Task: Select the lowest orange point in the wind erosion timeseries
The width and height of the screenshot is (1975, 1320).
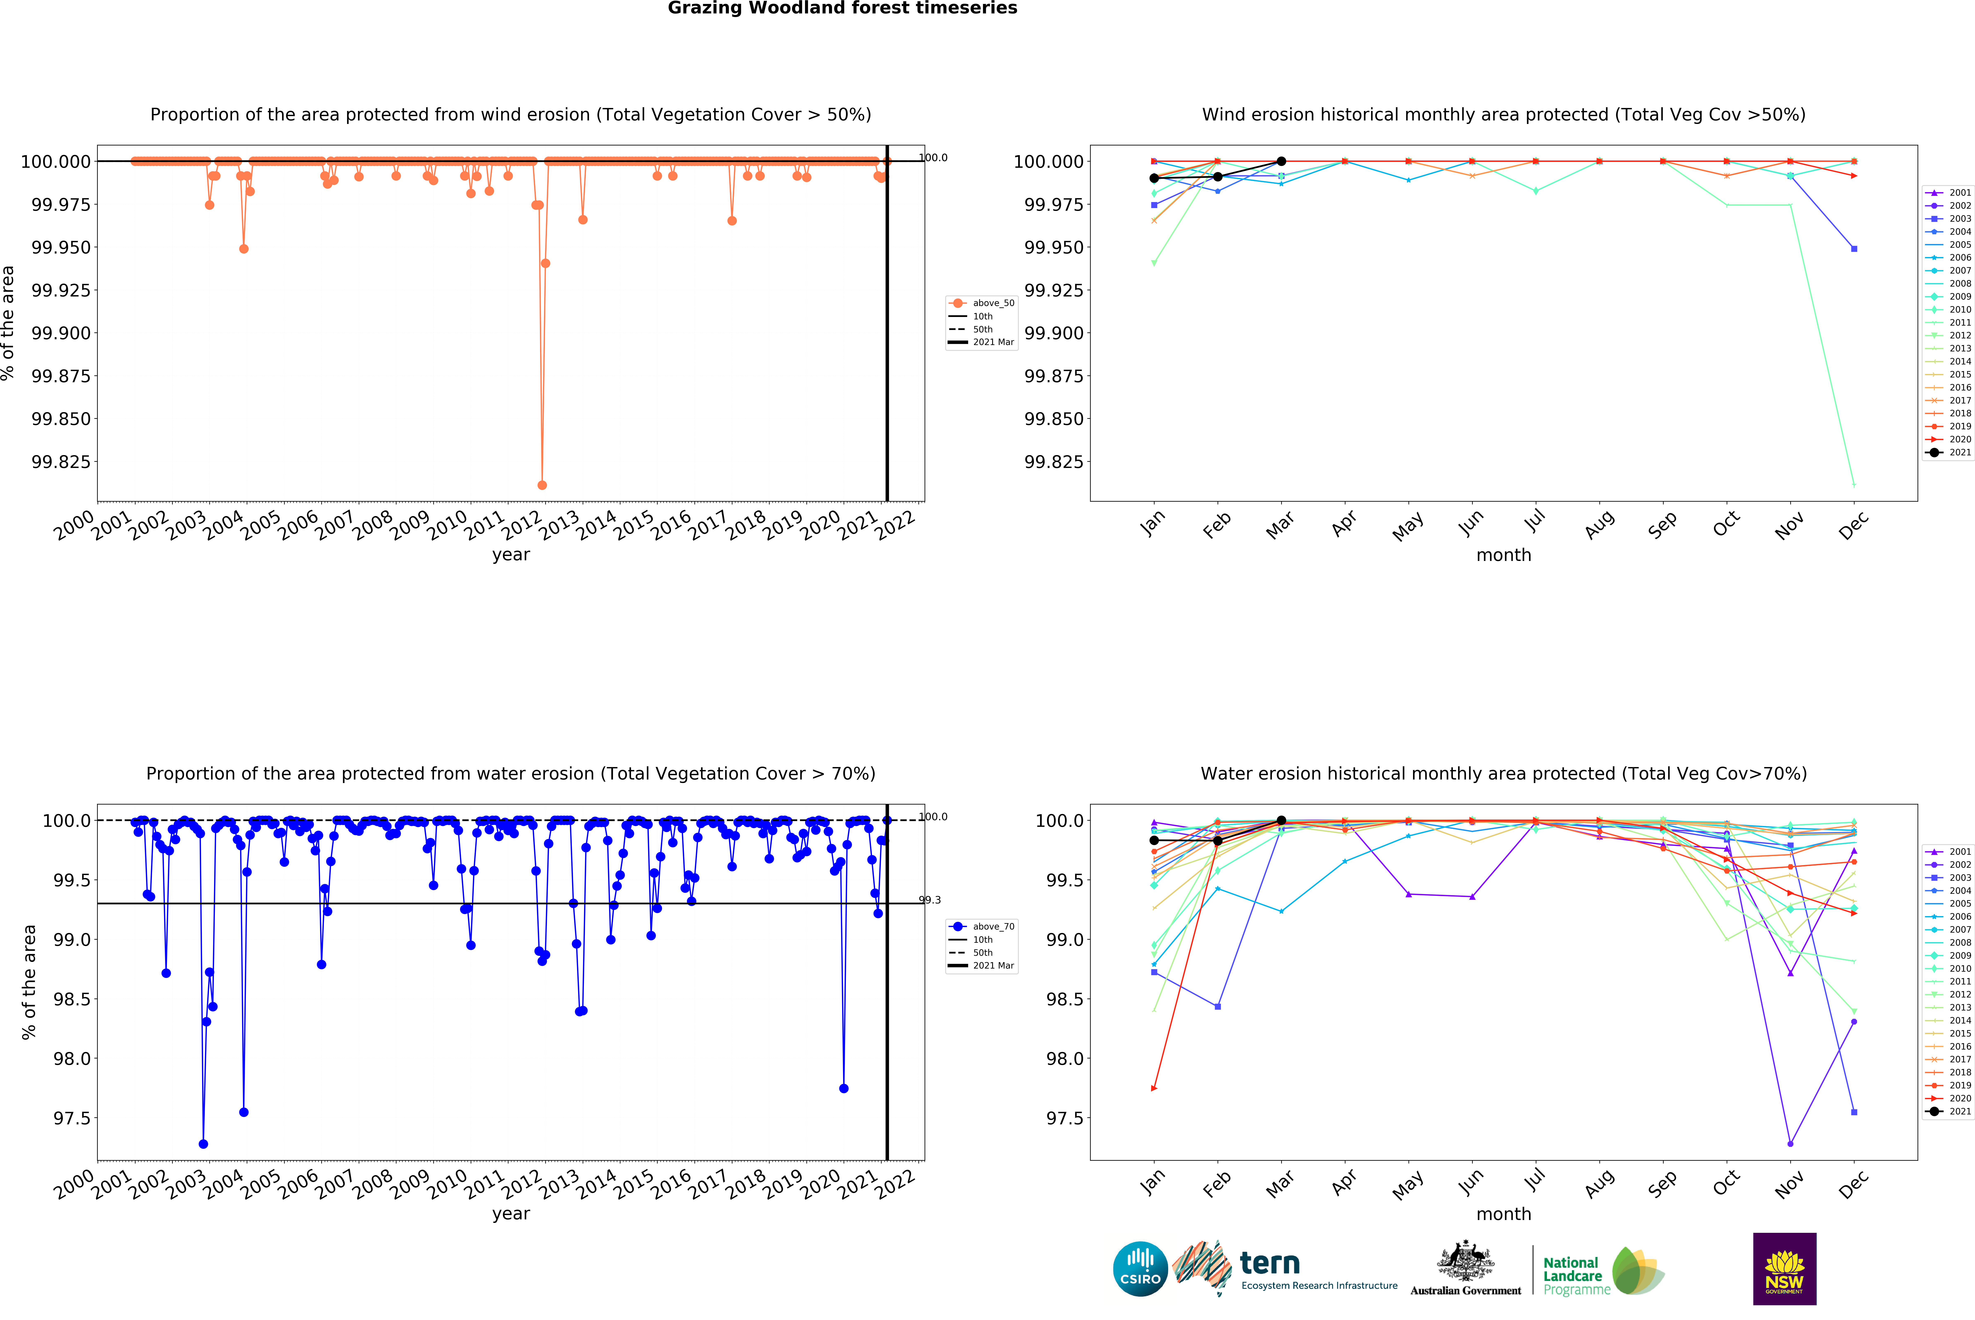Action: point(542,485)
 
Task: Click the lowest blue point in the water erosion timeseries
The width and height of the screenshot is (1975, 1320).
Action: point(203,1144)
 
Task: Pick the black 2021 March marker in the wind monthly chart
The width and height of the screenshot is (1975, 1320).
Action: point(1281,161)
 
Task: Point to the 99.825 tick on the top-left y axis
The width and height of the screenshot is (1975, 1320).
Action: point(61,461)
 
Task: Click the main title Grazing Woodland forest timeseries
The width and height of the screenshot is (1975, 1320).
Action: point(842,8)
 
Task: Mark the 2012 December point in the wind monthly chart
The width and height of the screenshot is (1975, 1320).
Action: point(1854,484)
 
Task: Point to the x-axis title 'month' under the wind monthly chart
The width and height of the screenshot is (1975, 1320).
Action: point(1504,555)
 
